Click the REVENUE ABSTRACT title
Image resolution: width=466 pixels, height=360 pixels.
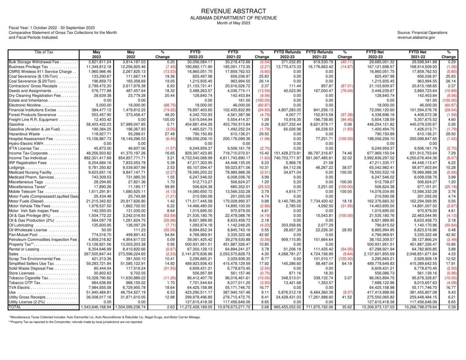coord(233,11)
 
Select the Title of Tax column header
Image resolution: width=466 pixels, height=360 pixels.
coord(43,52)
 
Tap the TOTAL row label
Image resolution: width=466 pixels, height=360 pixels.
coord(16,307)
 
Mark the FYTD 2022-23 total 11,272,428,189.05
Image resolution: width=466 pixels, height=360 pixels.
coord(195,307)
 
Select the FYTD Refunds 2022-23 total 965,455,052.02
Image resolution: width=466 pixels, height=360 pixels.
coord(287,307)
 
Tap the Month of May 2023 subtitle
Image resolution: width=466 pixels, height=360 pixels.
coord(233,23)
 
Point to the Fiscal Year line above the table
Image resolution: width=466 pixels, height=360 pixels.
coord(52,28)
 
